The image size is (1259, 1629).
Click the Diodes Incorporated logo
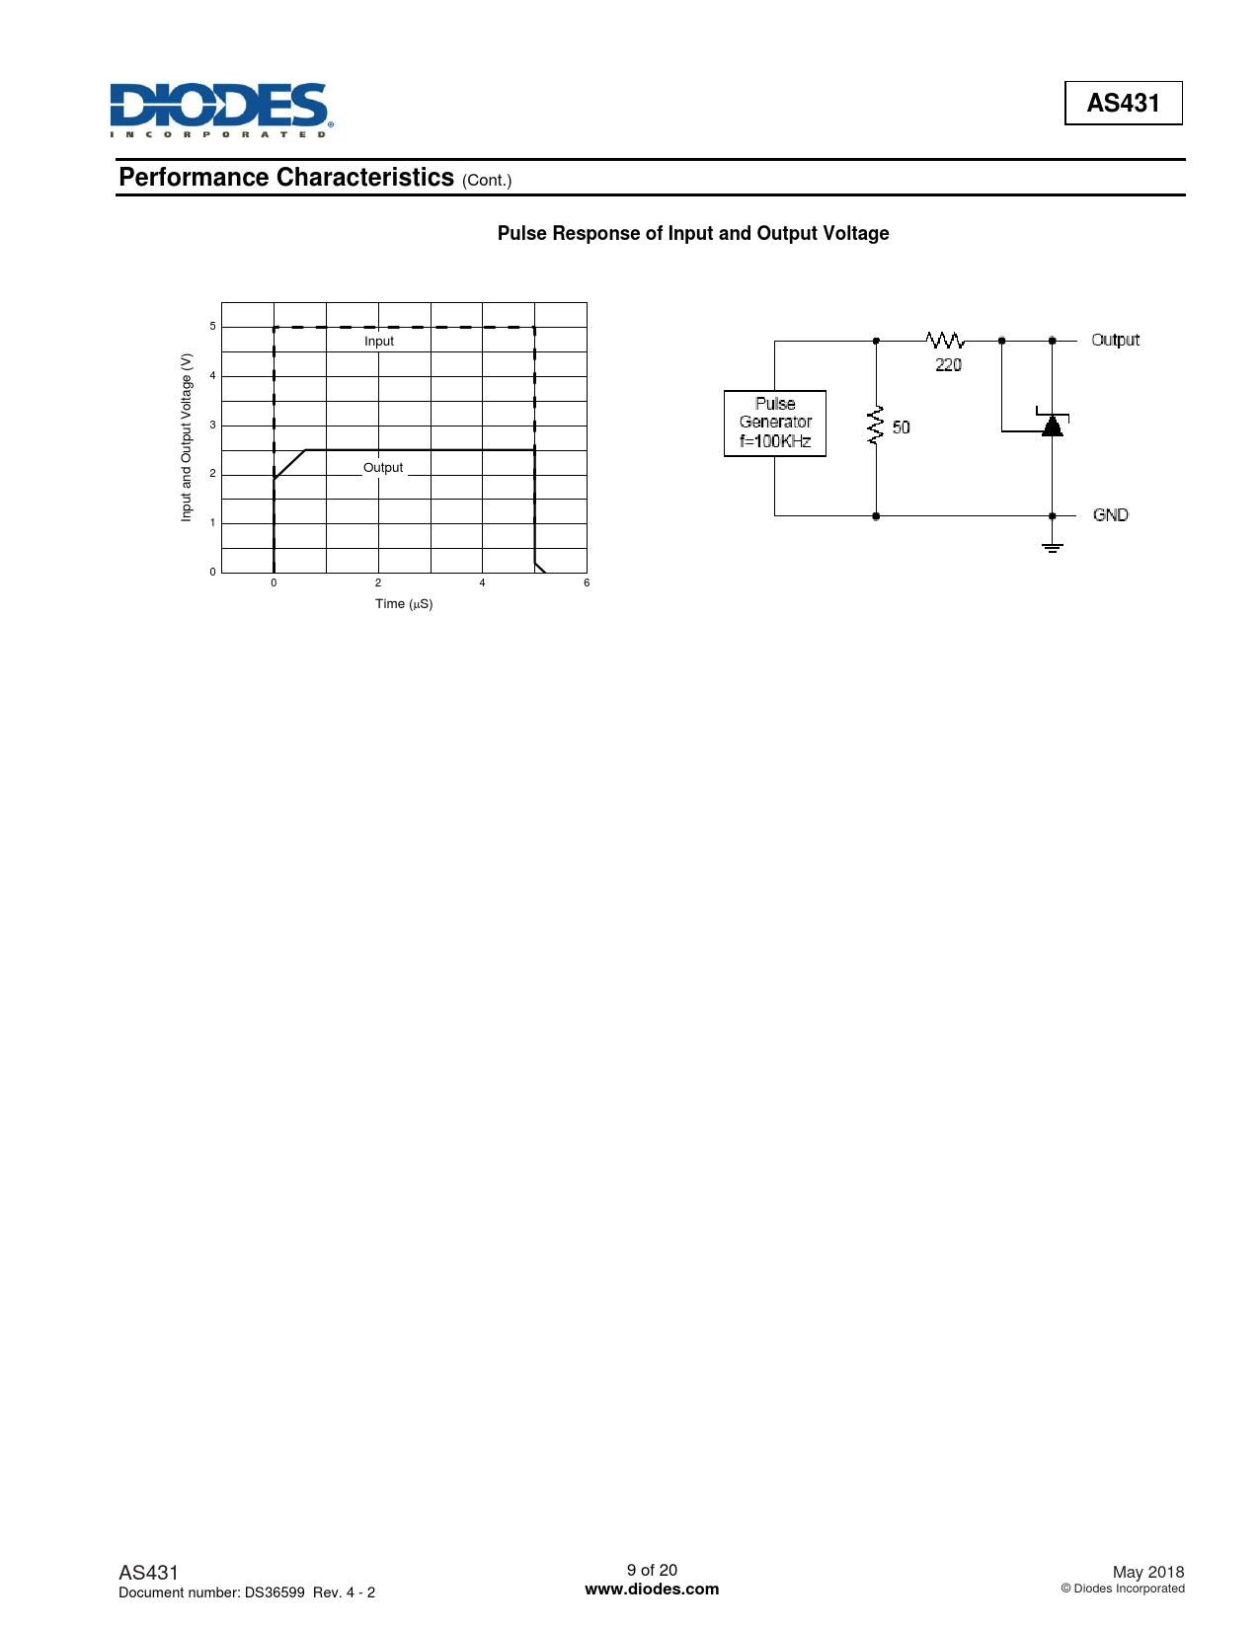pos(220,109)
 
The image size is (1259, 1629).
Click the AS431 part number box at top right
pos(1123,103)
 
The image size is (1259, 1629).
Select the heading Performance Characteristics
pos(286,178)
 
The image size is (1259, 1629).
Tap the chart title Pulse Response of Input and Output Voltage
pos(693,233)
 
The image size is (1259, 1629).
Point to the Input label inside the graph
pos(379,342)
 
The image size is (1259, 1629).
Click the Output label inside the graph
pos(383,468)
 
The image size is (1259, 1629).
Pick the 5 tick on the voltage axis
pos(212,327)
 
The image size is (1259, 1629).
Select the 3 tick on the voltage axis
pos(212,426)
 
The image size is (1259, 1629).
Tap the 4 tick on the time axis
pos(482,583)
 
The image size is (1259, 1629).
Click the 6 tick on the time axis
pos(587,583)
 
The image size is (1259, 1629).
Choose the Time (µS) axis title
pos(404,604)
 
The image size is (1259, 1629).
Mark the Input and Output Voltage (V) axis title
pos(186,437)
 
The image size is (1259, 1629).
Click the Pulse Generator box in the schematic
pos(775,423)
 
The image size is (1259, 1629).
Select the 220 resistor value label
pos(948,365)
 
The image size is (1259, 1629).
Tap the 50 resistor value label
pos(901,427)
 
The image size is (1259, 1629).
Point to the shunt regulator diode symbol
pos(1053,425)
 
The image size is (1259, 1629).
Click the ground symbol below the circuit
pos(1053,546)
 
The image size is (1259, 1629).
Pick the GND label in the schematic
pos(1111,515)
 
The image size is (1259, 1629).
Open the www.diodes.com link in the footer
pos(652,1590)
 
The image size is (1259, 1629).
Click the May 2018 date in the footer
pos(1147,1572)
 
